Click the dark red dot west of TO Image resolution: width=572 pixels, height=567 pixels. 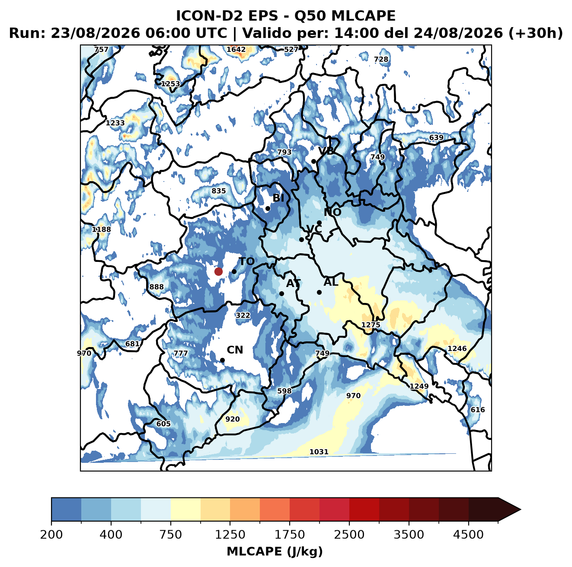218,271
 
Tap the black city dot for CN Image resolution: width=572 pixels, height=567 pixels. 222,360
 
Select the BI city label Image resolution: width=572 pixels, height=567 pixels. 278,198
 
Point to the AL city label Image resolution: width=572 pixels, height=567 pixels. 331,282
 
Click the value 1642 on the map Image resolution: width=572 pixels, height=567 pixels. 236,50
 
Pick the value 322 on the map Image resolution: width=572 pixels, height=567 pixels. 243,315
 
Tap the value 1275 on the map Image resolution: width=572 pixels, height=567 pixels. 371,325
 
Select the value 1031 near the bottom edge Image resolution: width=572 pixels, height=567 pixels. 319,452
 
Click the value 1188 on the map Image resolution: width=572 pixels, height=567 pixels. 101,229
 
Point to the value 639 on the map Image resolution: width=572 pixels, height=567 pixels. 436,138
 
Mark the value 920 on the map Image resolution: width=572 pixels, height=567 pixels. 233,419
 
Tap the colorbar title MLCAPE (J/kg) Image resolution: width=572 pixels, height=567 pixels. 275,552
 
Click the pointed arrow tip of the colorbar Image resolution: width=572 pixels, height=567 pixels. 521,510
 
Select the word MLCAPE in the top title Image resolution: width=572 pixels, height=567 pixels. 363,16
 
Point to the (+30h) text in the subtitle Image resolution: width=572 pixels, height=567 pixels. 535,33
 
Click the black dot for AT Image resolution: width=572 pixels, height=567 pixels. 281,294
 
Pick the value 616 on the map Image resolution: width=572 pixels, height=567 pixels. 478,410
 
